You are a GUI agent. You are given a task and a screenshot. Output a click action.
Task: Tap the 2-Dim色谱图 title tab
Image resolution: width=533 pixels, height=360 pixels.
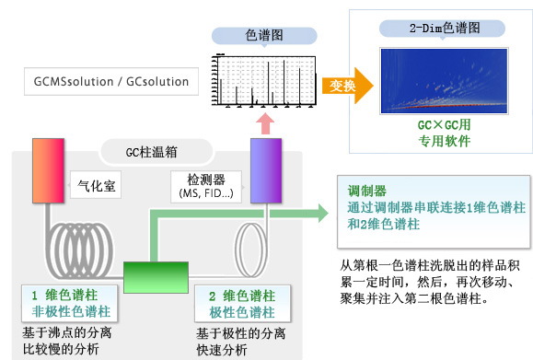pos(445,28)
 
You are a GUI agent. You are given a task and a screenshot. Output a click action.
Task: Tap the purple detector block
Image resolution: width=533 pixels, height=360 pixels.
pos(266,169)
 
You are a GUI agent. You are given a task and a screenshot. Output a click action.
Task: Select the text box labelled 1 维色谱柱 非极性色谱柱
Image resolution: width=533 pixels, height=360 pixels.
pos(67,305)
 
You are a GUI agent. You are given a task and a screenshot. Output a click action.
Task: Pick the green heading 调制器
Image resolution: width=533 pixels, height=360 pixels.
pos(360,191)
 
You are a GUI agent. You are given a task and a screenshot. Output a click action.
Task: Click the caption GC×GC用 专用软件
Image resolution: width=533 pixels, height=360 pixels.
pos(444,133)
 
